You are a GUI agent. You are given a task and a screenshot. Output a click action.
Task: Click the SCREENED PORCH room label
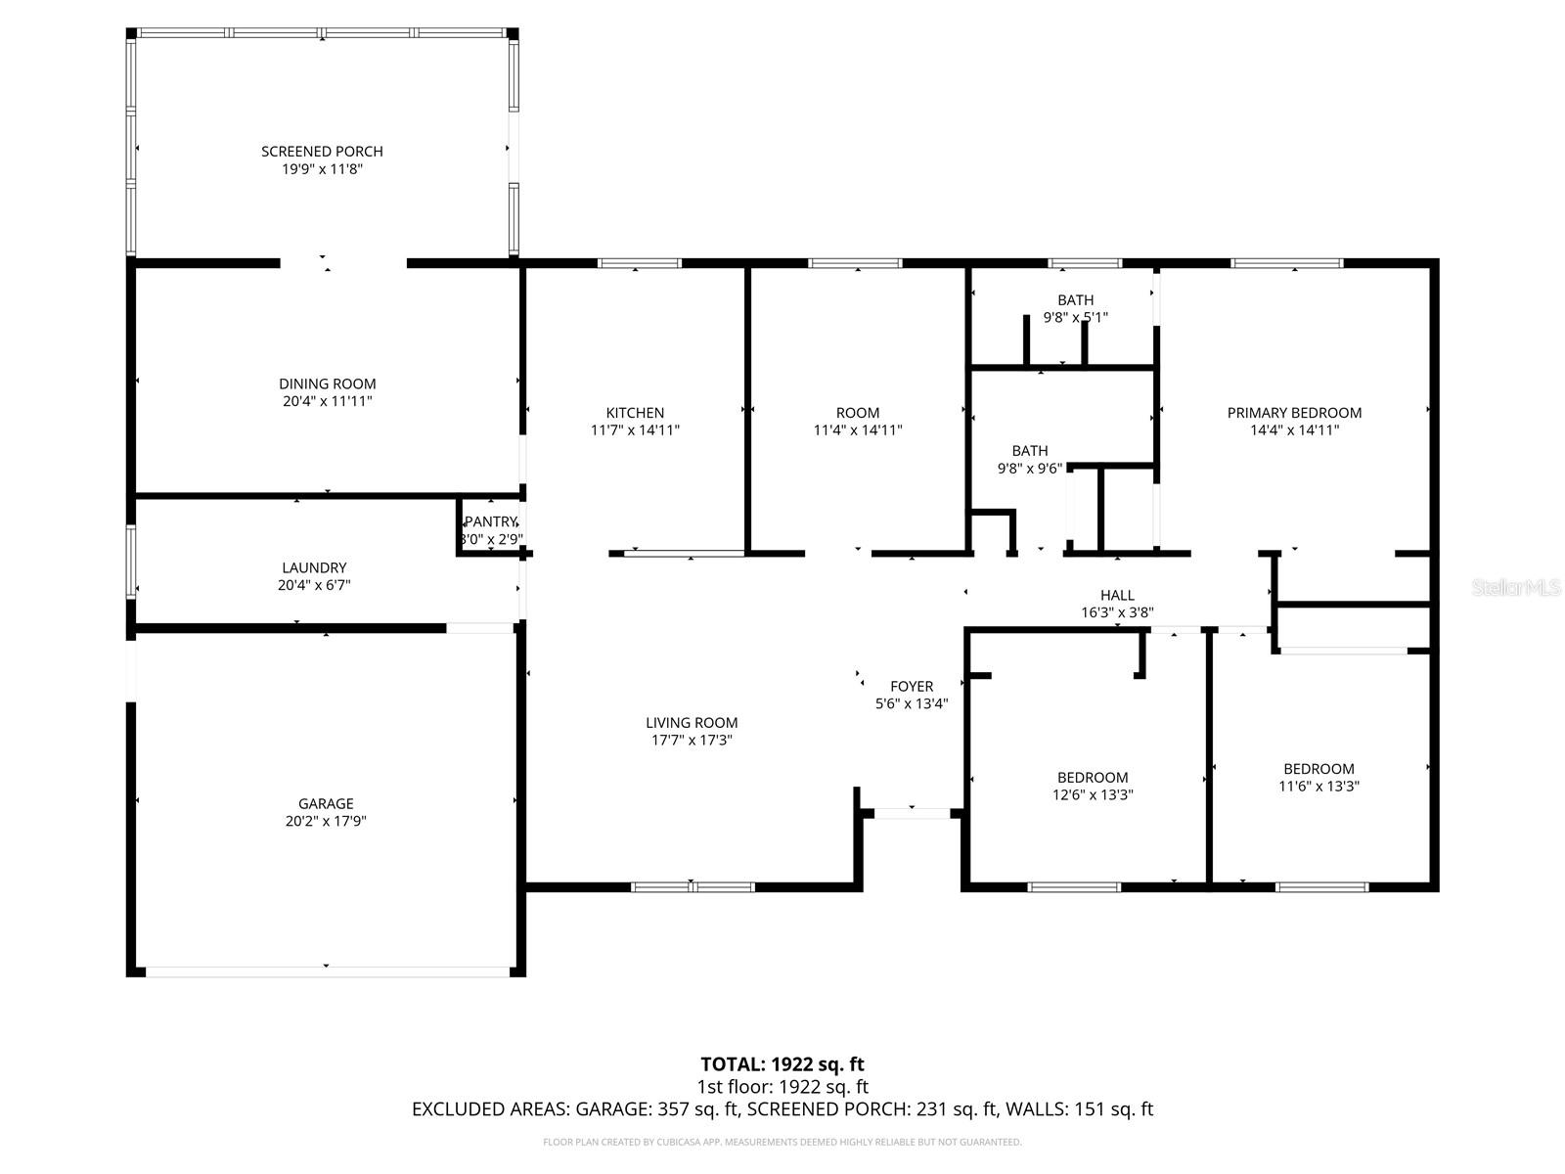[x=322, y=151]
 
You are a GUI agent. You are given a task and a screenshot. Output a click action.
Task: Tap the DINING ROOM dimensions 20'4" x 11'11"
[x=327, y=401]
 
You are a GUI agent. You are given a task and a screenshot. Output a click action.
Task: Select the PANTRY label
[x=490, y=521]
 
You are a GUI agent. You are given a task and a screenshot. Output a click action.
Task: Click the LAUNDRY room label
[x=314, y=567]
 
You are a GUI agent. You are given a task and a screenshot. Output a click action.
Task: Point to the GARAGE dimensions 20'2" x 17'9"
[x=326, y=822]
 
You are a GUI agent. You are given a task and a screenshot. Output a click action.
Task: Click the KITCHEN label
[x=635, y=413]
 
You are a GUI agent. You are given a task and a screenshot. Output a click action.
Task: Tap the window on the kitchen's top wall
[x=640, y=263]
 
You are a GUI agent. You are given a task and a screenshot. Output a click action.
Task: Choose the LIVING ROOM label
[x=692, y=723]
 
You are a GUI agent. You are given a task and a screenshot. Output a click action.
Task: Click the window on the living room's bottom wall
[x=693, y=887]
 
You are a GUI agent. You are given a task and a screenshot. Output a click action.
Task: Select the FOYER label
[x=912, y=687]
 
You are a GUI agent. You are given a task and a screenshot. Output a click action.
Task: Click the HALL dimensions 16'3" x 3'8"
[x=1117, y=612]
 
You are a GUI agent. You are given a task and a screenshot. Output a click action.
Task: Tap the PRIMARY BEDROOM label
[x=1294, y=413]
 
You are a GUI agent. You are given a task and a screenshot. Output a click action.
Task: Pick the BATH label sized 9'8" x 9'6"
[x=1030, y=451]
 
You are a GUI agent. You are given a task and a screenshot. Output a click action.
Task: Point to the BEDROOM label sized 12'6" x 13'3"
[x=1093, y=778]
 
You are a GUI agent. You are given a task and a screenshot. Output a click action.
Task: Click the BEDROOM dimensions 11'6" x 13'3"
[x=1319, y=786]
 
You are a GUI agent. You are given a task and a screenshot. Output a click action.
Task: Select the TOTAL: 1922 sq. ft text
[x=782, y=1063]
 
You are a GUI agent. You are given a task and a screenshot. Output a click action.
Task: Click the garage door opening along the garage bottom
[x=327, y=971]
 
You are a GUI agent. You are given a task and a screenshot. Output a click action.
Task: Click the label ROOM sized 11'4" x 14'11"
[x=858, y=413]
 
